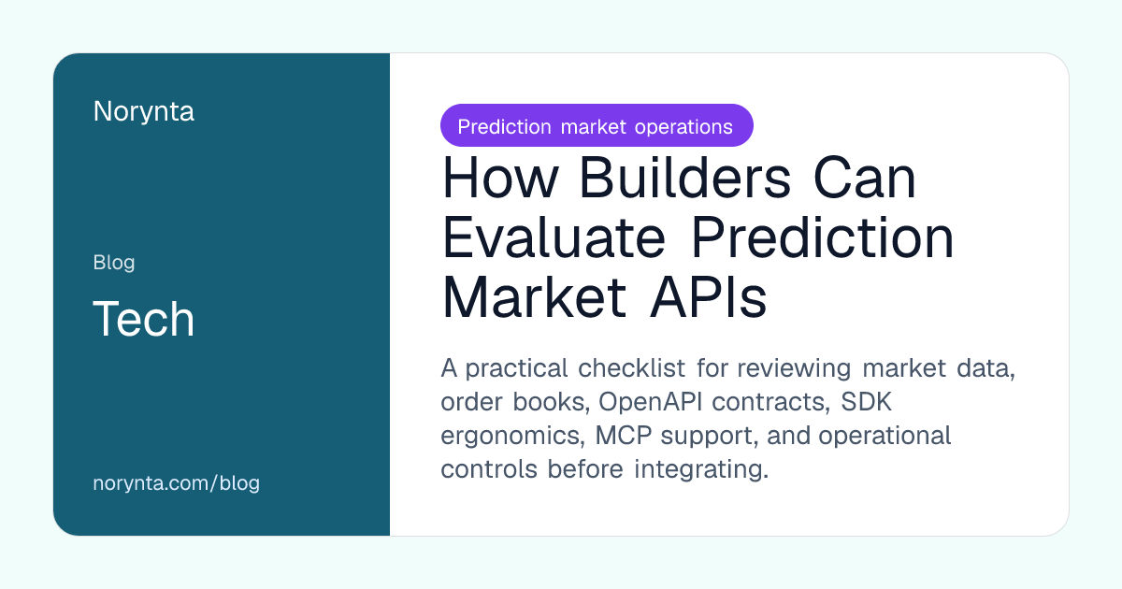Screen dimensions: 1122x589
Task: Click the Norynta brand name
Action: coord(143,111)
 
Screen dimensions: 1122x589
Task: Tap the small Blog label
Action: coord(114,263)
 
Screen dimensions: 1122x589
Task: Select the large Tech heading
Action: coord(143,319)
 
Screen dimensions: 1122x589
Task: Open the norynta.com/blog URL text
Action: coord(177,483)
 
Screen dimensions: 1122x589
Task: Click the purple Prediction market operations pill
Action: coord(597,125)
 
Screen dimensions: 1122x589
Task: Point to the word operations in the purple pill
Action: coord(683,127)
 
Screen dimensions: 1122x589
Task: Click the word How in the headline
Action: coord(500,178)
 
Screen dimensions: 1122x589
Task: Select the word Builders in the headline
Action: coord(685,178)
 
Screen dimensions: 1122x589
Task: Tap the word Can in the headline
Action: coord(865,178)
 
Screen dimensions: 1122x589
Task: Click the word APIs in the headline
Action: coord(709,297)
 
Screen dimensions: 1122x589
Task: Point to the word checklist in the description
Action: coord(632,368)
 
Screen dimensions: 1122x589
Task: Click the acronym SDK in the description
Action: coord(866,402)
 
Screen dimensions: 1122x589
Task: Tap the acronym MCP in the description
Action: coord(623,436)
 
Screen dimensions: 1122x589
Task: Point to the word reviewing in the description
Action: coord(794,369)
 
